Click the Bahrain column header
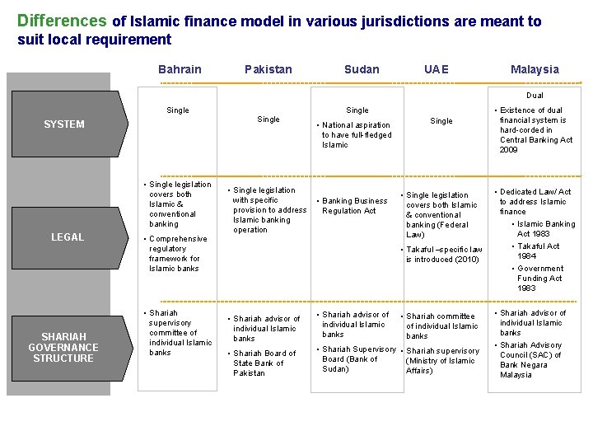click(x=180, y=69)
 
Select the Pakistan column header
click(x=268, y=69)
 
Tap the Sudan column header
click(x=362, y=69)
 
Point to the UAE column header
click(x=437, y=69)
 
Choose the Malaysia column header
click(x=535, y=69)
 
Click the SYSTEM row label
click(x=64, y=124)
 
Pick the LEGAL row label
click(x=68, y=237)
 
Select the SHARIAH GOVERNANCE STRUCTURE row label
click(x=63, y=347)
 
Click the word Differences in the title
click(x=62, y=21)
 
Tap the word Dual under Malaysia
click(x=535, y=96)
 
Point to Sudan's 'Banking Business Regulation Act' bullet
click(x=354, y=205)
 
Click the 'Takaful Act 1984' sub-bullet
click(x=539, y=251)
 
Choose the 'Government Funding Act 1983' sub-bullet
click(x=540, y=278)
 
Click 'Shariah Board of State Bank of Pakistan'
click(x=264, y=363)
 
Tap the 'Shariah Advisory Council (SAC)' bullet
click(x=530, y=359)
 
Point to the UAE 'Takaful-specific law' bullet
click(x=443, y=254)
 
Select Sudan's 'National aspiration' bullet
click(x=356, y=135)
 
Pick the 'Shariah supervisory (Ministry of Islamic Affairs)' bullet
click(x=442, y=361)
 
